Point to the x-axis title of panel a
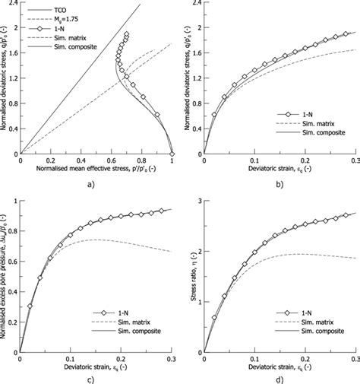pyautogui.click(x=96, y=167)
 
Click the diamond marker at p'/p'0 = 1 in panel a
pyautogui.click(x=172, y=153)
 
